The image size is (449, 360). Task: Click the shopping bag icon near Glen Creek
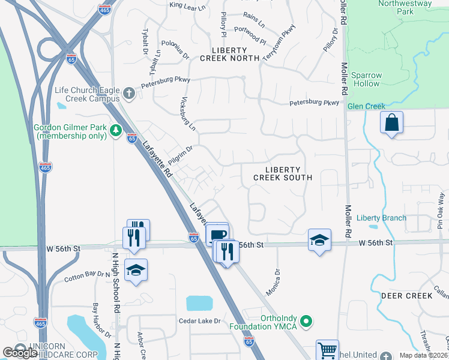click(x=391, y=123)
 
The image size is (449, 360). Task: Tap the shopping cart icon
click(x=327, y=350)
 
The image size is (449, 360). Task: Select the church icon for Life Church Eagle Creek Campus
click(x=129, y=94)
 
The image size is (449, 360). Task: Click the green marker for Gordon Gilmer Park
click(x=116, y=131)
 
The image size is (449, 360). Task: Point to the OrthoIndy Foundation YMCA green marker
click(x=307, y=322)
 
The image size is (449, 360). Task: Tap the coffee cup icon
click(x=217, y=233)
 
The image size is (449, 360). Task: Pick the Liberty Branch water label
click(x=381, y=218)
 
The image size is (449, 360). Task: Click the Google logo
click(x=20, y=353)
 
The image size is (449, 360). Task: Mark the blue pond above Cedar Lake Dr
click(x=199, y=303)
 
